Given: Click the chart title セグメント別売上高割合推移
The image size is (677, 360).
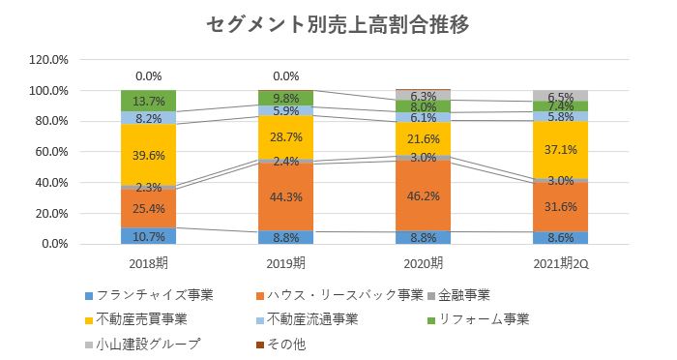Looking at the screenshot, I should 338,25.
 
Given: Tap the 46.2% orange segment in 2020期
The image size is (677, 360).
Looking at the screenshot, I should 424,194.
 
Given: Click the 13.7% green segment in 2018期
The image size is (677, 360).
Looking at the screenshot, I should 148,101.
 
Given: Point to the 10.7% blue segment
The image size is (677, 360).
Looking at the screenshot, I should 148,235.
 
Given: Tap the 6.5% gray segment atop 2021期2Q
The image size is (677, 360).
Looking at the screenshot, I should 562,96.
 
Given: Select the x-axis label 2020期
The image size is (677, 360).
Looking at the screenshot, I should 424,263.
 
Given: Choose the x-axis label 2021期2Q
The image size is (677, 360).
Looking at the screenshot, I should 562,263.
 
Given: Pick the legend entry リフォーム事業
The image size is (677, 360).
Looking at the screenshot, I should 484,319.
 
